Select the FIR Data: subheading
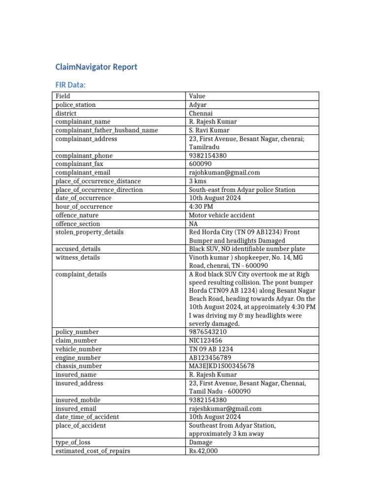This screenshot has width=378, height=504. coord(70,85)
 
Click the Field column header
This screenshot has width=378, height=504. coord(63,96)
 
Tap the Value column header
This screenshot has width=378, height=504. coord(197,96)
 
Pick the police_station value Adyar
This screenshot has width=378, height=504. coord(198,105)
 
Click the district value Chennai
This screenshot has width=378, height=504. coord(201,113)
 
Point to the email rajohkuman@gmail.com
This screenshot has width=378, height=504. coord(224,173)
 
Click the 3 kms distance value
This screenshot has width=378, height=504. coord(198,181)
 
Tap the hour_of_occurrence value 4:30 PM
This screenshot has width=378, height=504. coord(201,207)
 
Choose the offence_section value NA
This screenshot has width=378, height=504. coord(193,224)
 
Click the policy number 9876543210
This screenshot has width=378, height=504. coord(208,332)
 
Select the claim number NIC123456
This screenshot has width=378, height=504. coord(205,341)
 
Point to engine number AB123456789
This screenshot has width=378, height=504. coord(210,358)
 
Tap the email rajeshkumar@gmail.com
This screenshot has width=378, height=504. coord(225,409)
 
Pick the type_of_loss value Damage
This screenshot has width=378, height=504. coord(201,442)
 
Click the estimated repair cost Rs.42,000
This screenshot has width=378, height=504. coord(203,451)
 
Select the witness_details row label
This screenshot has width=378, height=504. coord(78,257)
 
